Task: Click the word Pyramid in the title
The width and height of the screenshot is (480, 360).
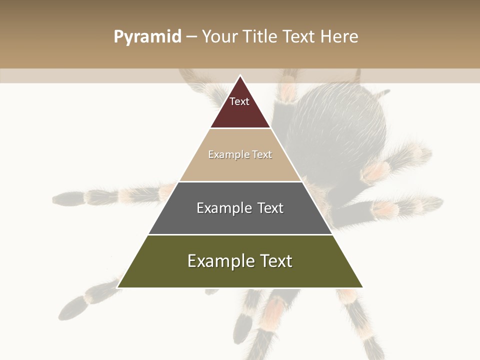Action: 147,37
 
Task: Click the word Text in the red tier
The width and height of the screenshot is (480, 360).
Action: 239,101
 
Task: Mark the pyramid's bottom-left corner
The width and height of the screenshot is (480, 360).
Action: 118,287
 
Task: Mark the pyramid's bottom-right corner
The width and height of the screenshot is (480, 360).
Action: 362,287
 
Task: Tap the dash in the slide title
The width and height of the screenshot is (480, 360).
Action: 191,37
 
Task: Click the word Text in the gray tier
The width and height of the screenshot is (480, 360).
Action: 270,208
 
